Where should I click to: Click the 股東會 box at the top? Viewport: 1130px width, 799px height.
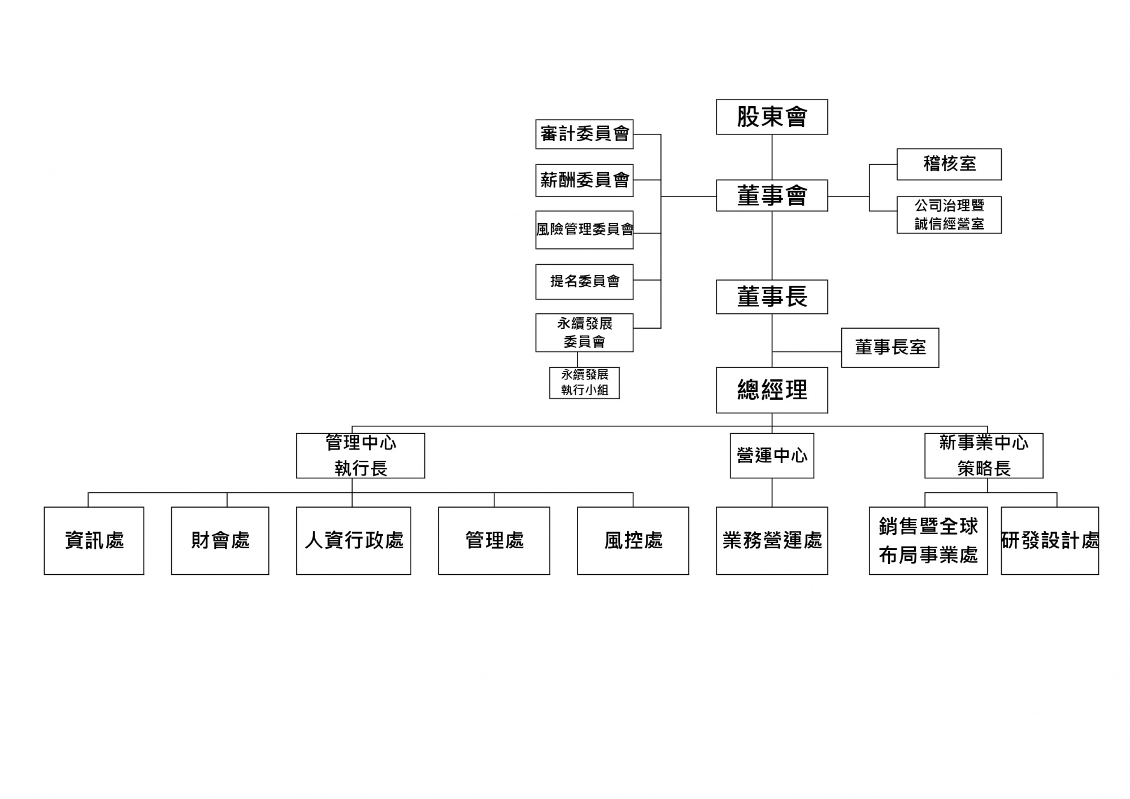772,117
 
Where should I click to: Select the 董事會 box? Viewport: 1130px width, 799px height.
772,195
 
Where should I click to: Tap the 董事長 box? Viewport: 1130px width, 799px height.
772,296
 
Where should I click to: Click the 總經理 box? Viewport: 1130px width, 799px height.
772,390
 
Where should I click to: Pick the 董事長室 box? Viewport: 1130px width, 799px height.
890,347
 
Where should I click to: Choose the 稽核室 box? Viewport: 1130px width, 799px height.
949,164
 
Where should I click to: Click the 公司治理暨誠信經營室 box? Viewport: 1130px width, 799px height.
949,215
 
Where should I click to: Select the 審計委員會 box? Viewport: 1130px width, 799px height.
584,134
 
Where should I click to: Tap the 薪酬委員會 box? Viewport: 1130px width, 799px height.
584,180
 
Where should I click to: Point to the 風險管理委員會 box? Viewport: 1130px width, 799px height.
584,230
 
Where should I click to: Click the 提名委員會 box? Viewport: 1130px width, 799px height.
584,281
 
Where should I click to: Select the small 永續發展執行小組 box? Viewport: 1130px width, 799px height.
584,383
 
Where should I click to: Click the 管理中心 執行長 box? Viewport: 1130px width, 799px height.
360,456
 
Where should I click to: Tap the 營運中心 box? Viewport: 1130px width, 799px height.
772,456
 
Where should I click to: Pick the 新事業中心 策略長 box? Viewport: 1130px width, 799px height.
984,456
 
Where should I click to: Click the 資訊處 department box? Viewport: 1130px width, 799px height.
94,540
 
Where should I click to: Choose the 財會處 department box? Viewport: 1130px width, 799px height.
220,540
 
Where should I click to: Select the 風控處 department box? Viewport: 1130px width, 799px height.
633,540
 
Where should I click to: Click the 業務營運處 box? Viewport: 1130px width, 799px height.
772,540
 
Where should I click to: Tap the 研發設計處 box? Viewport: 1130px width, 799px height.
1050,540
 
